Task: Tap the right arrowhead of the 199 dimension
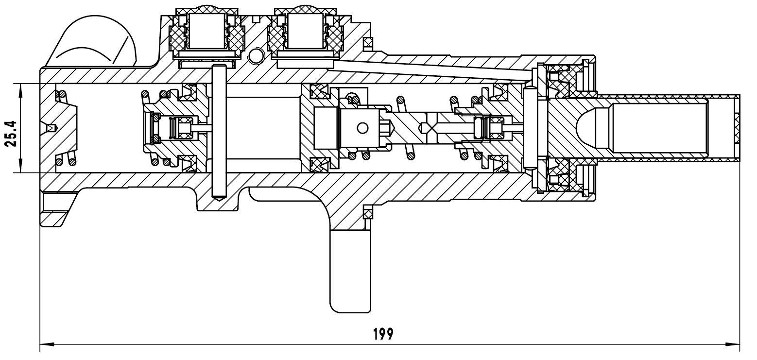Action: tap(735, 344)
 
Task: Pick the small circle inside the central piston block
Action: tap(361, 128)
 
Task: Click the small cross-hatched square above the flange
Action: tap(368, 43)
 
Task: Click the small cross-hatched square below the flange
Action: tap(368, 212)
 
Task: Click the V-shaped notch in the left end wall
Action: tap(51, 128)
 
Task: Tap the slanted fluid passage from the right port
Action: tap(432, 68)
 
